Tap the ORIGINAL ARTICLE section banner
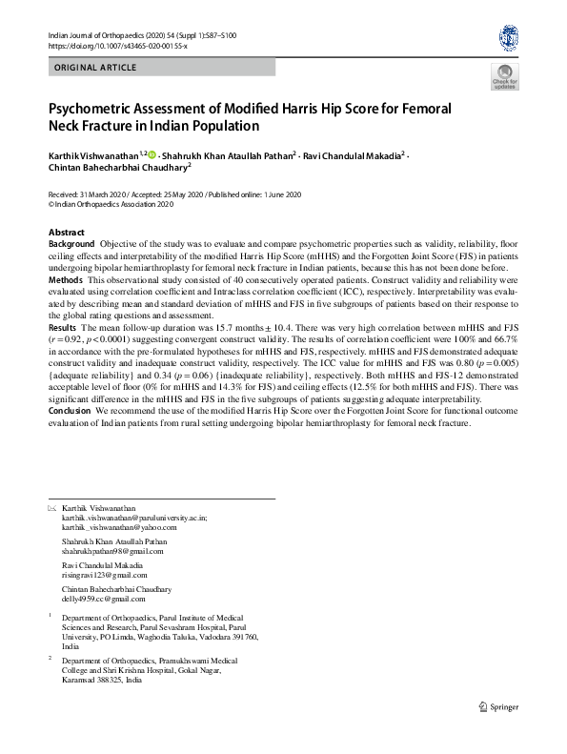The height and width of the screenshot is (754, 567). click(96, 68)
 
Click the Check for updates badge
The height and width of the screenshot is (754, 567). click(504, 78)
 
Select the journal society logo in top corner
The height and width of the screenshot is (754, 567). click(508, 39)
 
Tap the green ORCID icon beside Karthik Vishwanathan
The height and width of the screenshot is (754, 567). click(152, 153)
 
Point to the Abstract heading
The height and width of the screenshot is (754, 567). click(66, 233)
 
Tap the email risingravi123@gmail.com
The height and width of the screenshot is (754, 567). click(105, 575)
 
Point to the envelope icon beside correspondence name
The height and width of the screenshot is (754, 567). click(52, 508)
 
